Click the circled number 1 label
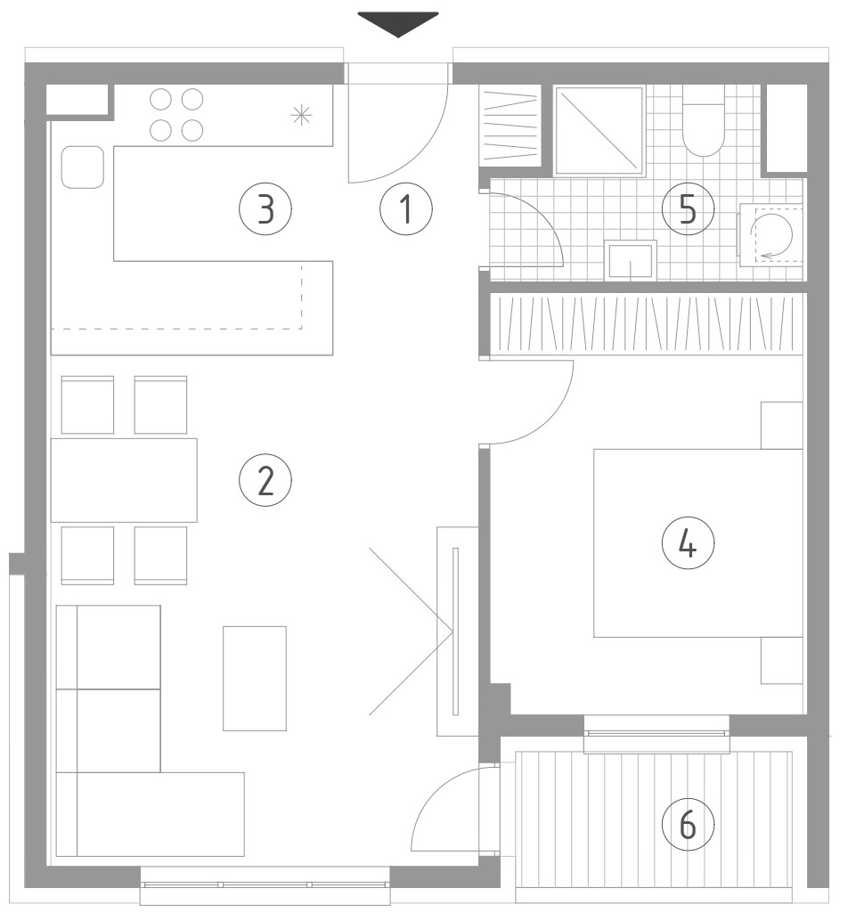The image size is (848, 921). (x=406, y=209)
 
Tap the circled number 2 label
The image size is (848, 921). (x=265, y=480)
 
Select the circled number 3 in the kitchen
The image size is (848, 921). (x=265, y=209)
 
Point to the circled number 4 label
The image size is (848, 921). (x=688, y=544)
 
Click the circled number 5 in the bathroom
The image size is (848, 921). (x=688, y=209)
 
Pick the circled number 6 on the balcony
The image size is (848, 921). (x=688, y=824)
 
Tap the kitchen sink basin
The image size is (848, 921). (x=83, y=167)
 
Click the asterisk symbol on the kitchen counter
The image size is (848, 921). (x=301, y=115)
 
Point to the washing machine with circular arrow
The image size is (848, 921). (x=771, y=235)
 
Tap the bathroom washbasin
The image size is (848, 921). (x=631, y=260)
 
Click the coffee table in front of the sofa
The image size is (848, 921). (x=255, y=679)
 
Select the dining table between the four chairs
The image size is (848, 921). (x=124, y=480)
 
